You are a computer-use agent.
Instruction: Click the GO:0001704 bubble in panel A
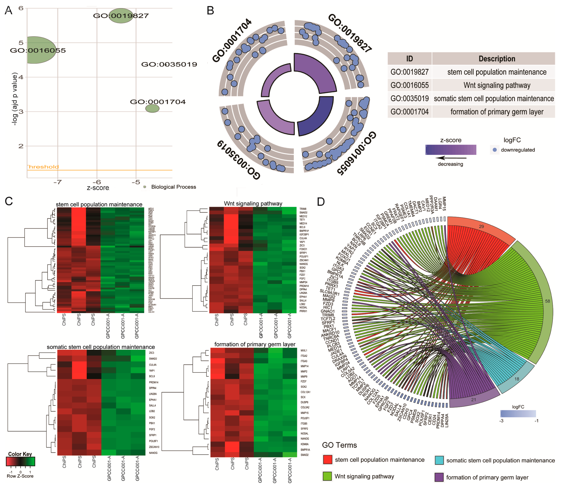tap(152, 108)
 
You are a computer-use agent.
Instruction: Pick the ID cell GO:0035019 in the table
tap(409, 98)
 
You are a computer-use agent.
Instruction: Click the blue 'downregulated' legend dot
tap(494, 150)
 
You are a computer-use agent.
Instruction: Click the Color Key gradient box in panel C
tap(20, 462)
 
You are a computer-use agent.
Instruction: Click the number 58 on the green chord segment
tap(547, 301)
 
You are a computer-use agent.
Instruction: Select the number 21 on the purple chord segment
tap(474, 400)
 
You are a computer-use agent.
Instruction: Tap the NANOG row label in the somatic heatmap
tap(153, 453)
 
